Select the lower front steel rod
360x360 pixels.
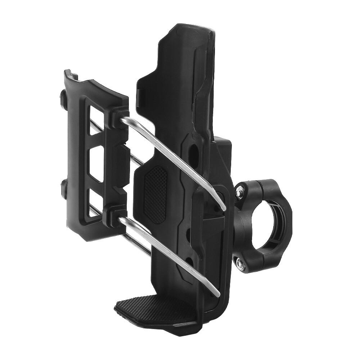point(169,252)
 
